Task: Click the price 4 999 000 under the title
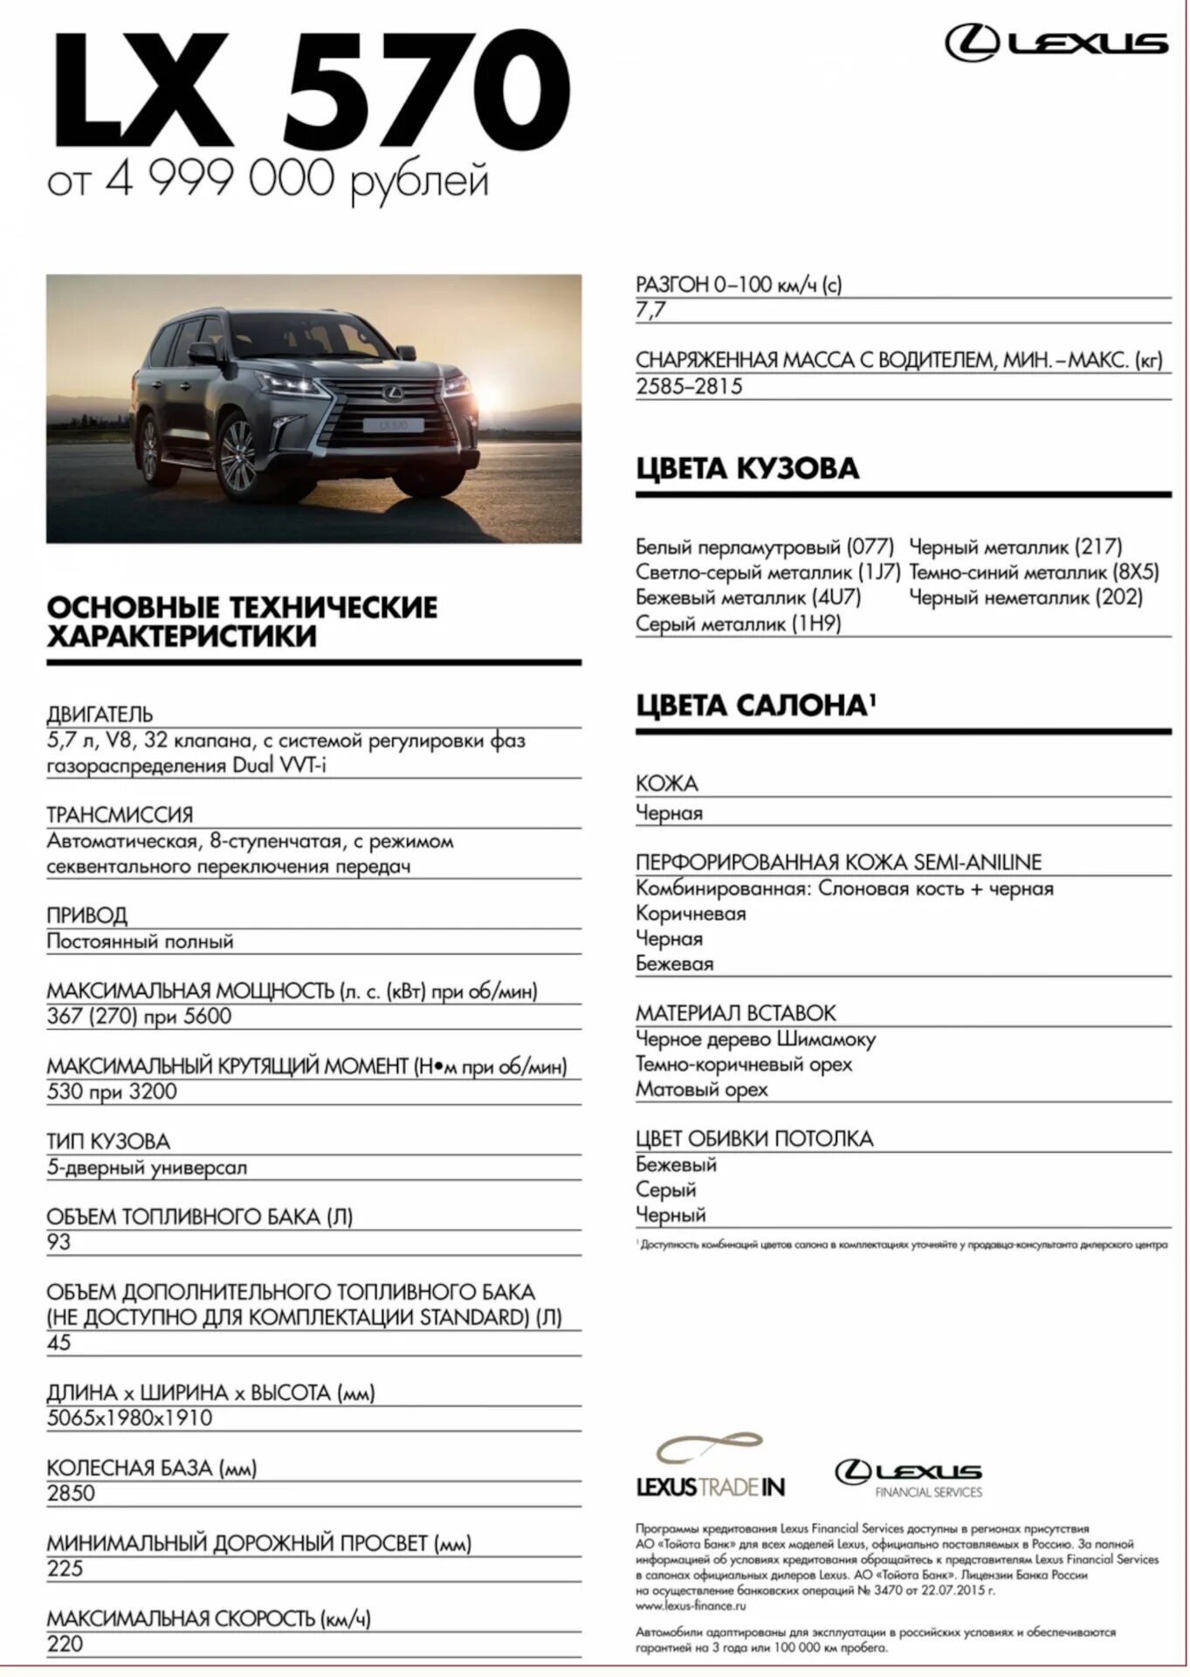[x=220, y=178]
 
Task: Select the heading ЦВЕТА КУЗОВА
[x=747, y=468]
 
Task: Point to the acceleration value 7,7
[x=650, y=310]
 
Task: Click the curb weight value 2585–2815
[x=689, y=386]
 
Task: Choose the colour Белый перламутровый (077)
[x=765, y=547]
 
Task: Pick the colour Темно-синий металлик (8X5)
[x=1034, y=572]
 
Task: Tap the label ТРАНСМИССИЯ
[x=120, y=815]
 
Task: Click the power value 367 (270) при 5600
[x=139, y=1016]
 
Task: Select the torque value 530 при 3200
[x=112, y=1091]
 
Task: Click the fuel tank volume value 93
[x=58, y=1242]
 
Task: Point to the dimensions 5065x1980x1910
[x=129, y=1418]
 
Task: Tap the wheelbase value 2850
[x=71, y=1493]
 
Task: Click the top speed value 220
[x=65, y=1644]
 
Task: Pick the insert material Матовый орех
[x=702, y=1089]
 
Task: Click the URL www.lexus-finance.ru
[x=691, y=1605]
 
